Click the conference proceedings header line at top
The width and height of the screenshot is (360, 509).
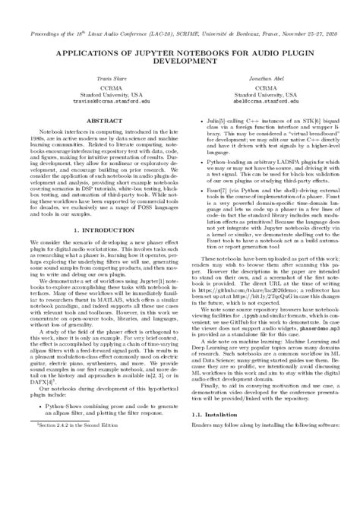pos(180,13)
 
